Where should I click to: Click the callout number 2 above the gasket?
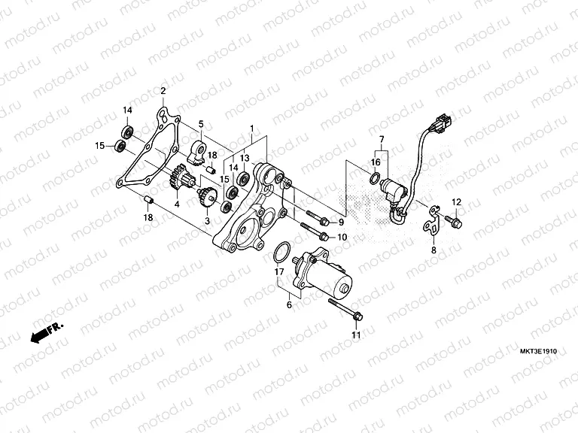pyautogui.click(x=163, y=92)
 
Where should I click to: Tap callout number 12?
pyautogui.click(x=455, y=202)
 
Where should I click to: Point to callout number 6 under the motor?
pyautogui.click(x=288, y=305)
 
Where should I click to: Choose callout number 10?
pyautogui.click(x=342, y=237)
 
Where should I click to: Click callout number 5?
pyautogui.click(x=201, y=124)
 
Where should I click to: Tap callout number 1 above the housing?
pyautogui.click(x=252, y=129)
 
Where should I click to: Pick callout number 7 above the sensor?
pyautogui.click(x=381, y=140)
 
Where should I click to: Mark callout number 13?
pyautogui.click(x=245, y=159)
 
